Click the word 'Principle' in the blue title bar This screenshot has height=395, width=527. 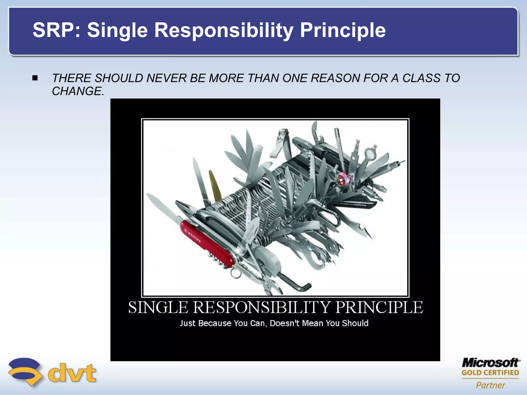(343, 30)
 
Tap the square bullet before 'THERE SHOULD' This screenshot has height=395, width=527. (35, 78)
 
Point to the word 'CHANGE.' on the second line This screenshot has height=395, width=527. (78, 91)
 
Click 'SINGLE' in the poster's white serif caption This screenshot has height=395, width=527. (158, 307)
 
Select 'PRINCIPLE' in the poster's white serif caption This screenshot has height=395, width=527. (379, 307)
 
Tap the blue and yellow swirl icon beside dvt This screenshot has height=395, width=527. (25, 372)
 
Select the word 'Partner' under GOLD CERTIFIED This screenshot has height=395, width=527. (490, 385)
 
